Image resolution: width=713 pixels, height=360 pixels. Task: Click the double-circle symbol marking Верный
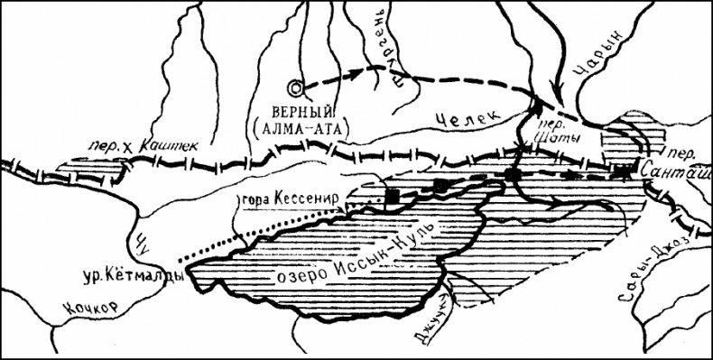tap(295, 87)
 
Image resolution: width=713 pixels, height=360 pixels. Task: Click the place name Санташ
tap(674, 168)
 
